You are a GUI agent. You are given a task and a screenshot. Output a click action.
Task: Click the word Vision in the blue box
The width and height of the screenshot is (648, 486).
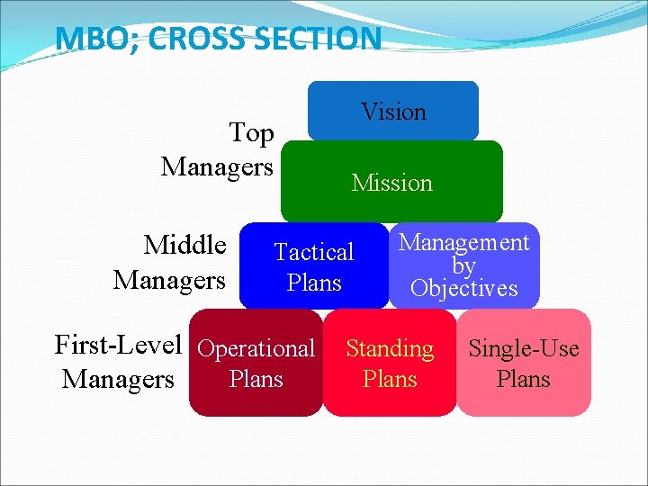[x=393, y=112]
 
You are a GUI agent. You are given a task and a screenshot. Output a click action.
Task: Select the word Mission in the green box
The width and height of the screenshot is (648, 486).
[x=391, y=183]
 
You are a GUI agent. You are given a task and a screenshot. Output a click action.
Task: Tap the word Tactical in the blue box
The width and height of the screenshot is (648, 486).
[x=314, y=252]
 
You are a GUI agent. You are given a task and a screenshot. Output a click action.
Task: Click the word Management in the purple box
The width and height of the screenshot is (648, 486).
[x=463, y=242]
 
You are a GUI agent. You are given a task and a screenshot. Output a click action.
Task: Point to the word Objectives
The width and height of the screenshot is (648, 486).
[x=463, y=289]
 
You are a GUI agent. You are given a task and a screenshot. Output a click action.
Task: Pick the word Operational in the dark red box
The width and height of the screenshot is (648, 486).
[x=256, y=348]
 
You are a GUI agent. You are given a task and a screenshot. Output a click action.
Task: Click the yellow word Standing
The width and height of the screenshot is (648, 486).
[x=390, y=348]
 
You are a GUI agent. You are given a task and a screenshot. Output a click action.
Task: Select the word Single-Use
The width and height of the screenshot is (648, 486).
[x=524, y=348]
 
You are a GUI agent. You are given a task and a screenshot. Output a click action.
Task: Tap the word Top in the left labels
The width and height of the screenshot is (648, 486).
[x=251, y=133]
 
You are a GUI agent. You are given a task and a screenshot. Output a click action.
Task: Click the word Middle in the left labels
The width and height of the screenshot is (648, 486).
[x=185, y=245]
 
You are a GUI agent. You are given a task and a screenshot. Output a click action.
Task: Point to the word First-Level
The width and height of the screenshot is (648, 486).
[x=119, y=345]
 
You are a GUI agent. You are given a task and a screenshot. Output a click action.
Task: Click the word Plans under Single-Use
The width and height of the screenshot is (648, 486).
[x=524, y=379]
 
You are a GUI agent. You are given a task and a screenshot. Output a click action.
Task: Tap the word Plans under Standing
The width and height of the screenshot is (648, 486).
[x=390, y=379]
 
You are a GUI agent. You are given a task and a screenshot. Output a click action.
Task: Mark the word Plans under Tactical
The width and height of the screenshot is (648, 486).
[x=314, y=283]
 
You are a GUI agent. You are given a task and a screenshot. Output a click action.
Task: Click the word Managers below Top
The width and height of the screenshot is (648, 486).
[x=217, y=167]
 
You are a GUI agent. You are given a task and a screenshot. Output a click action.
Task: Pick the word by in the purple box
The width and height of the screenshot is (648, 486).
[x=463, y=266]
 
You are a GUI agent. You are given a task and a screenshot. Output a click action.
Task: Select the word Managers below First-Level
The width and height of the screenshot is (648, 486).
[x=118, y=380]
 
